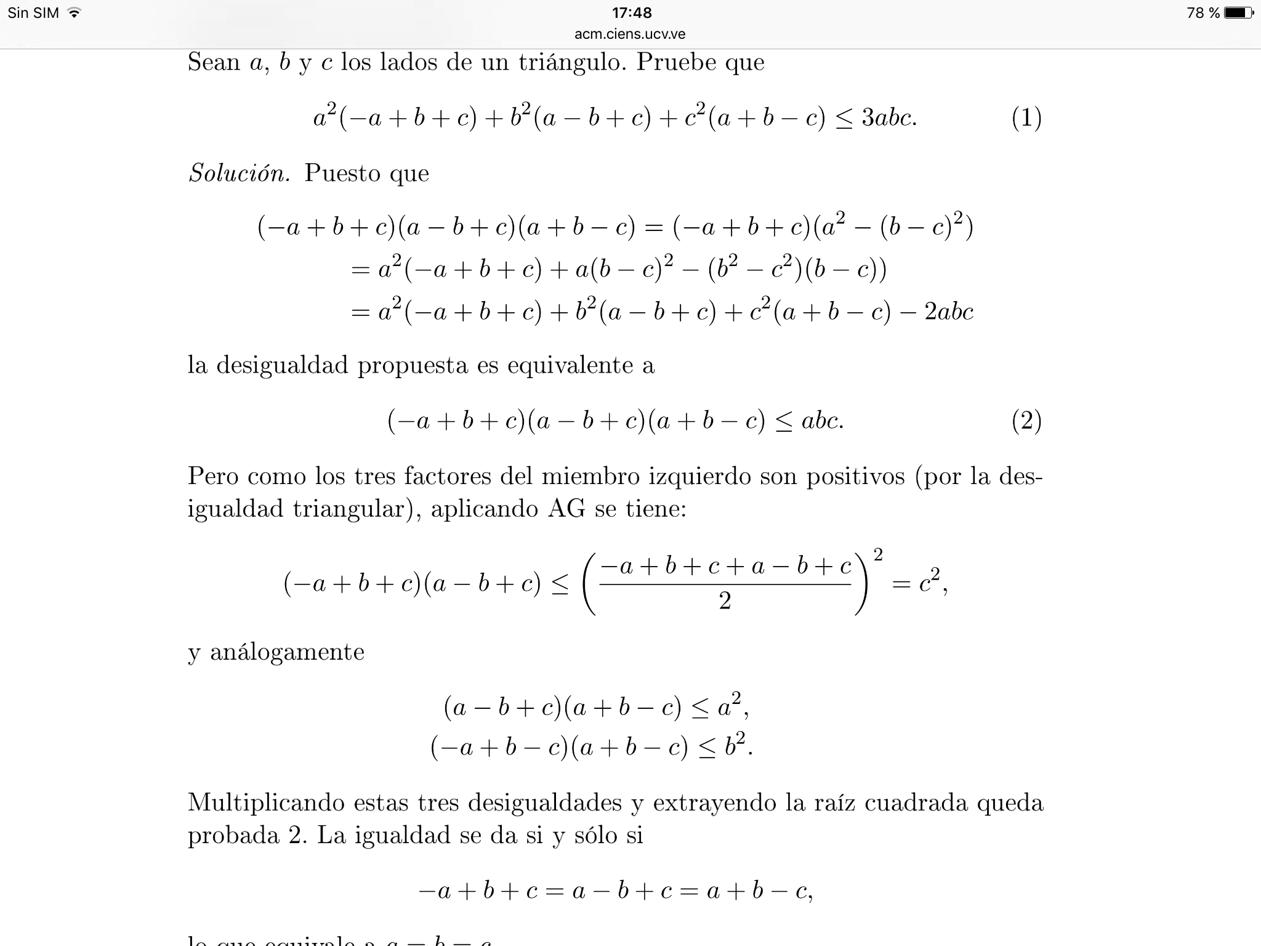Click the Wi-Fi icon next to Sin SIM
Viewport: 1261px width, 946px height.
[x=75, y=12]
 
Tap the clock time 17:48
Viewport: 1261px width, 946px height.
[x=631, y=12]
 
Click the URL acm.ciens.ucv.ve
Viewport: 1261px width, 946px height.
[x=630, y=34]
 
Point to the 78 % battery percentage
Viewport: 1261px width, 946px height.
[x=1203, y=12]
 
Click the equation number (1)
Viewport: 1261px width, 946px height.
[x=1026, y=117]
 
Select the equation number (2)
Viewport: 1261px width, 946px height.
[x=1026, y=421]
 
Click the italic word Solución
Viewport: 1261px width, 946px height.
[x=239, y=173]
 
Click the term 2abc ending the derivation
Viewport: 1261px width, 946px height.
[x=948, y=312]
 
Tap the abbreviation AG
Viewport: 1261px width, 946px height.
[x=566, y=509]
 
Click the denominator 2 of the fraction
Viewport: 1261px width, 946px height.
[x=725, y=600]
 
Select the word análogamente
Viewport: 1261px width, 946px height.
[x=287, y=652]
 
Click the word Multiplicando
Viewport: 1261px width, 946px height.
[x=265, y=802]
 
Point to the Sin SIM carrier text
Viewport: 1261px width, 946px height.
[x=33, y=12]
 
